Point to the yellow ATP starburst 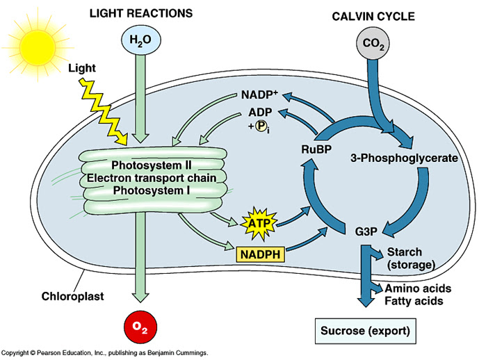(257, 224)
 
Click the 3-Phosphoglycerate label (403, 158)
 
